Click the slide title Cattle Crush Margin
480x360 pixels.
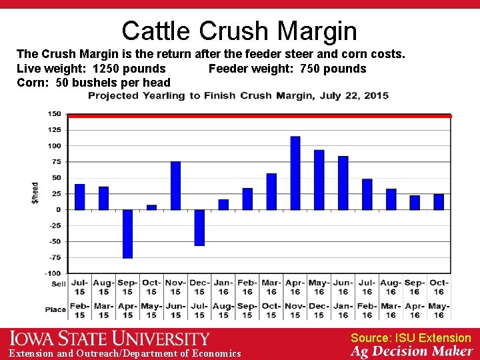[239, 31]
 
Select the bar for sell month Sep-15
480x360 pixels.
[127, 234]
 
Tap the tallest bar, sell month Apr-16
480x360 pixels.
[295, 173]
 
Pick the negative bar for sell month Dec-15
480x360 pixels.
[199, 228]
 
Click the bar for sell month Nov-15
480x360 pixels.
[175, 185]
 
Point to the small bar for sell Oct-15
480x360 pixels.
[151, 207]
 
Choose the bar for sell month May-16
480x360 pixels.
[319, 180]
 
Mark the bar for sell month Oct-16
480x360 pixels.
[439, 202]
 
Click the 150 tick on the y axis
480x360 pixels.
[55, 114]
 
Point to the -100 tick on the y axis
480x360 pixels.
[53, 273]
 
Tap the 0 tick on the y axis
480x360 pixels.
[59, 210]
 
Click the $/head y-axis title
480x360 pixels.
[35, 193]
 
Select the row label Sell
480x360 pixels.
[59, 284]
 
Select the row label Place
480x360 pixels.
[56, 309]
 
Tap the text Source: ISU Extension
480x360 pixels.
[411, 338]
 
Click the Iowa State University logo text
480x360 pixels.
[109, 339]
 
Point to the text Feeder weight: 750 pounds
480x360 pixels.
[287, 69]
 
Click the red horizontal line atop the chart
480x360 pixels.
[260, 116]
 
